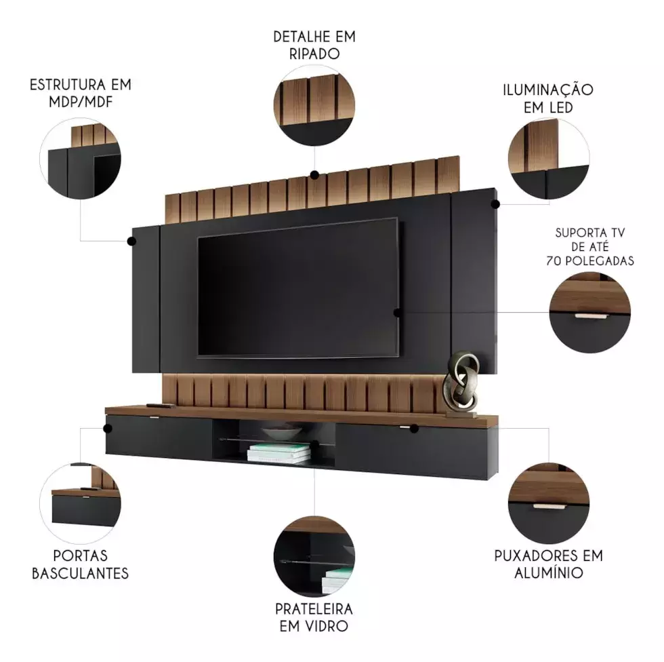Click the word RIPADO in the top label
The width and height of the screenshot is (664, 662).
314,54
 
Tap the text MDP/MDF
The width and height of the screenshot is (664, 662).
81,102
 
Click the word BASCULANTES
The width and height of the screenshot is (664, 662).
80,573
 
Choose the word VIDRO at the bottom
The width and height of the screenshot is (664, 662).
328,626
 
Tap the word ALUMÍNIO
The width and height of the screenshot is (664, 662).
548,572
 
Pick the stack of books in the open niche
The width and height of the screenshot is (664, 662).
279,452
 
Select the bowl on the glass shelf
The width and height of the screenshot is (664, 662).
281,433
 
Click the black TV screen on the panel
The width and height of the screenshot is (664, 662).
297,288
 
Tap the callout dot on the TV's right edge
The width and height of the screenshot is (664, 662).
397,313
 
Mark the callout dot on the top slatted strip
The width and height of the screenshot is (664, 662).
314,174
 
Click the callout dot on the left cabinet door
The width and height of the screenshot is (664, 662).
108,429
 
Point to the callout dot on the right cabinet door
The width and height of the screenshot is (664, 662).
414,429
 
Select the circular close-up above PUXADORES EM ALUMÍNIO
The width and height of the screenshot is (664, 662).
548,503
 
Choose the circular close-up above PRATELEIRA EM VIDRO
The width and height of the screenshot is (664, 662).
314,556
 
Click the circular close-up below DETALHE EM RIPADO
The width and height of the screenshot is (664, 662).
314,105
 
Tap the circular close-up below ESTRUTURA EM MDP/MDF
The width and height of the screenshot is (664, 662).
81,159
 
